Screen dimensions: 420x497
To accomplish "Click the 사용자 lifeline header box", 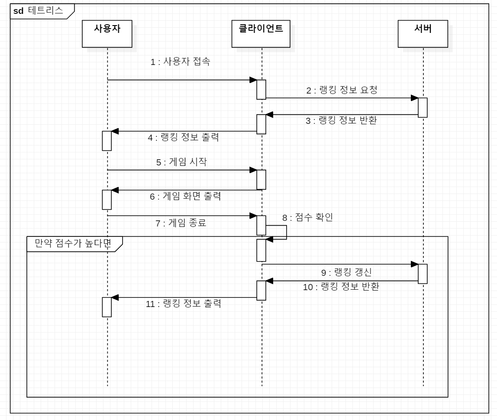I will point(107,35).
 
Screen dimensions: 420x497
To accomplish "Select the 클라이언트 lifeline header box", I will point(261,35).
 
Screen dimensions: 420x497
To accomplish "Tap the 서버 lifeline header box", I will point(423,35).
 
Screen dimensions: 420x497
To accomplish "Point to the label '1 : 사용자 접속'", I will point(180,62).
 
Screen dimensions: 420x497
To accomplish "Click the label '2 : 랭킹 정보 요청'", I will point(342,90).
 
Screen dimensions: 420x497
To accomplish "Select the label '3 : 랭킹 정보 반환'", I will point(341,121).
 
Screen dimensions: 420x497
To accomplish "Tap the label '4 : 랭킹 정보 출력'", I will point(183,138).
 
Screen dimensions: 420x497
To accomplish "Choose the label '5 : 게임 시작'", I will point(181,162).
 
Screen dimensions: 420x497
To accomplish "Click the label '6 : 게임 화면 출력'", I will point(185,196).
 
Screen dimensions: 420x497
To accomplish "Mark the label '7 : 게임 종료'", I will point(181,223).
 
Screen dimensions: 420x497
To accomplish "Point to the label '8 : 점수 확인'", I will point(307,218).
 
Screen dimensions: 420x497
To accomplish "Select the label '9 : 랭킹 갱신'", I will point(346,272).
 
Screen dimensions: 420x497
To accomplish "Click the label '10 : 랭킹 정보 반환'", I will point(341,287).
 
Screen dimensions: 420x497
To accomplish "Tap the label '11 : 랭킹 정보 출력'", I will point(183,304).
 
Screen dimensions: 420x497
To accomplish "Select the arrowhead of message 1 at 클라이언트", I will point(253,80).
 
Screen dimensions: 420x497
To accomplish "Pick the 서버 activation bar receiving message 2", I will point(423,107).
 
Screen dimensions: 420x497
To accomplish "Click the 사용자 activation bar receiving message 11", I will point(106,307).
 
